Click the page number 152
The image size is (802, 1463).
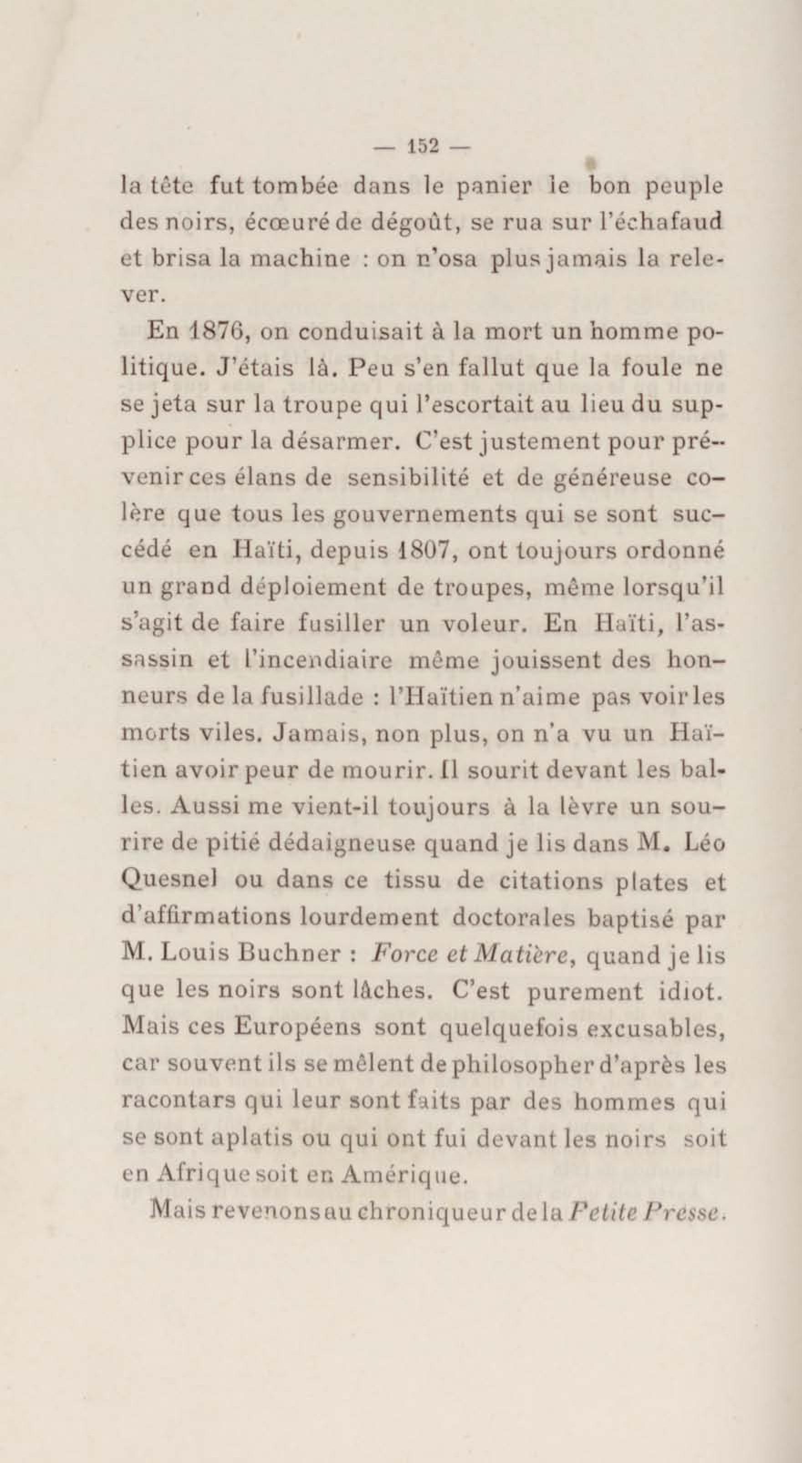422,147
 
